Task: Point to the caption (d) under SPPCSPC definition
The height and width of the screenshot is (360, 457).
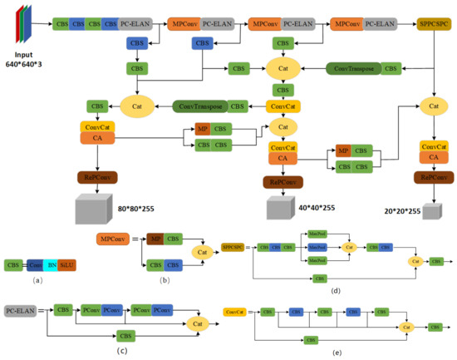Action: [x=335, y=289]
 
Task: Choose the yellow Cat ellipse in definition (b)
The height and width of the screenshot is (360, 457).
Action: [x=199, y=252]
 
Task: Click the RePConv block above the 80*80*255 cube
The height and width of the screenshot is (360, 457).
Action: [x=101, y=176]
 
